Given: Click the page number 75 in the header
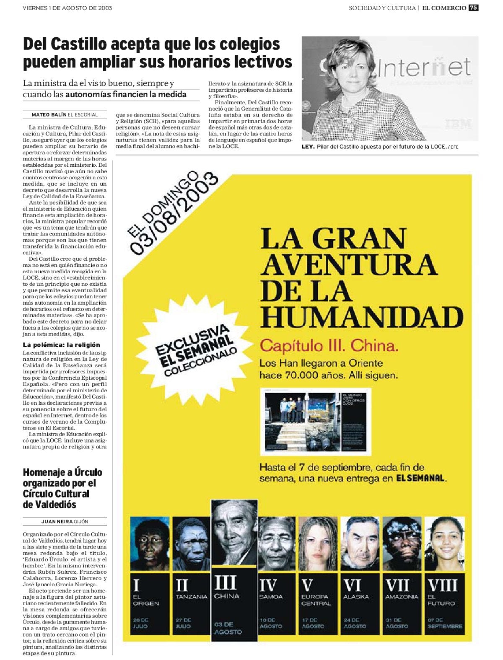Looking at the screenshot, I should click(x=473, y=8).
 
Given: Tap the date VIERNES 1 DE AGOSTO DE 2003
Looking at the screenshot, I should click(x=67, y=8).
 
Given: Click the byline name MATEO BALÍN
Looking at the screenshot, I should click(x=49, y=115).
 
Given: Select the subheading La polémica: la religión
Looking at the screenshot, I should click(x=61, y=345).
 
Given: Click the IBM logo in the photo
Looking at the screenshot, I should click(x=458, y=124).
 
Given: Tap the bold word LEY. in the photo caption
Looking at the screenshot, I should click(x=308, y=147).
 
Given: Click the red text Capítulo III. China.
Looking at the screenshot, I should click(x=329, y=346).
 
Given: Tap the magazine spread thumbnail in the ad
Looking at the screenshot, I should click(x=315, y=422).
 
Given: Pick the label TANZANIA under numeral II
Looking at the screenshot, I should click(x=192, y=596).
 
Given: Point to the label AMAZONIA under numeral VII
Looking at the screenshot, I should click(x=402, y=596).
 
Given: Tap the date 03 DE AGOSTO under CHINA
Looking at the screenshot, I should click(x=228, y=628).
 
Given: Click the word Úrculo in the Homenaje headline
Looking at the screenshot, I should click(x=88, y=473).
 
